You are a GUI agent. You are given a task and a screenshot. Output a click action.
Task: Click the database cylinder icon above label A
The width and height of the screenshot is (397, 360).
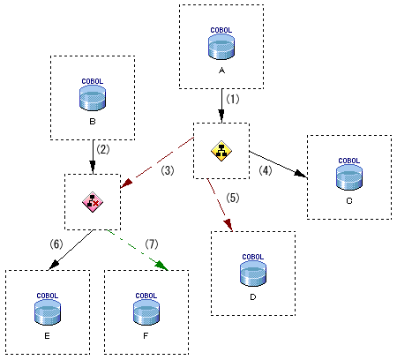[221, 47]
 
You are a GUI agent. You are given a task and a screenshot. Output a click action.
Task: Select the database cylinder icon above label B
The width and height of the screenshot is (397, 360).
[93, 98]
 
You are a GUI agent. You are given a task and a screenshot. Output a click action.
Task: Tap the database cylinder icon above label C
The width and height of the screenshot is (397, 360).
[349, 177]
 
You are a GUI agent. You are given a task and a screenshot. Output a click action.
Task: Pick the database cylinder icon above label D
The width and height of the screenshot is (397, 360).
[253, 274]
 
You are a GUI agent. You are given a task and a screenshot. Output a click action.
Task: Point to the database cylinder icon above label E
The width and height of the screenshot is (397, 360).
[48, 312]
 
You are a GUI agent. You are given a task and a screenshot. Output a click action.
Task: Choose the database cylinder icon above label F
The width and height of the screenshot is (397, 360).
[146, 312]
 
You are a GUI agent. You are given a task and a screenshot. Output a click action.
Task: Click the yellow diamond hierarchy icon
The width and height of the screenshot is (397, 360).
[221, 151]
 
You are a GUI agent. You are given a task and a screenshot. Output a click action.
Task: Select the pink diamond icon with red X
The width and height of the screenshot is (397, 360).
[93, 202]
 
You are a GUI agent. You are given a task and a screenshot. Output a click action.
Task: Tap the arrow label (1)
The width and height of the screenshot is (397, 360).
[233, 99]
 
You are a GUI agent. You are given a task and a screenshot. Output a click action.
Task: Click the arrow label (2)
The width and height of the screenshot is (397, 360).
[103, 149]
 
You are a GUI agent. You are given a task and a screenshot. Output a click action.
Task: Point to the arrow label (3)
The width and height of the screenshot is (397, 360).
[168, 170]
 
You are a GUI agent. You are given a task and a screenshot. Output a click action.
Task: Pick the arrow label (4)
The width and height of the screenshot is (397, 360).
[266, 170]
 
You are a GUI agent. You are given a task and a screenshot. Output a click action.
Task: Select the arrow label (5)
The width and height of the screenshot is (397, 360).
[233, 198]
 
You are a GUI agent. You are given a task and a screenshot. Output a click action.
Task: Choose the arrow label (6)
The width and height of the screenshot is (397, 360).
[56, 244]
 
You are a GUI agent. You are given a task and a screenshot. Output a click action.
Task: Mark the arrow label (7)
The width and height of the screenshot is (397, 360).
[152, 244]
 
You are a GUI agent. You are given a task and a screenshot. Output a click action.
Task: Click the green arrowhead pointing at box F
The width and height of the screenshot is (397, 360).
[161, 265]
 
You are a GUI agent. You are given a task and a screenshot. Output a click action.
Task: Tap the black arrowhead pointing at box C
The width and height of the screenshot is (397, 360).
[301, 174]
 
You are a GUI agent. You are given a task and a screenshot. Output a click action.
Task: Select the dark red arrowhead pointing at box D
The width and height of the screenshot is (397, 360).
[228, 225]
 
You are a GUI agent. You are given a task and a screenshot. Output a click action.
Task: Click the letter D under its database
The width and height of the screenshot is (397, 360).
[253, 297]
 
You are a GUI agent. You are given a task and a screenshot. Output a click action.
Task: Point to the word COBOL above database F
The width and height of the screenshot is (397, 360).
[146, 296]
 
